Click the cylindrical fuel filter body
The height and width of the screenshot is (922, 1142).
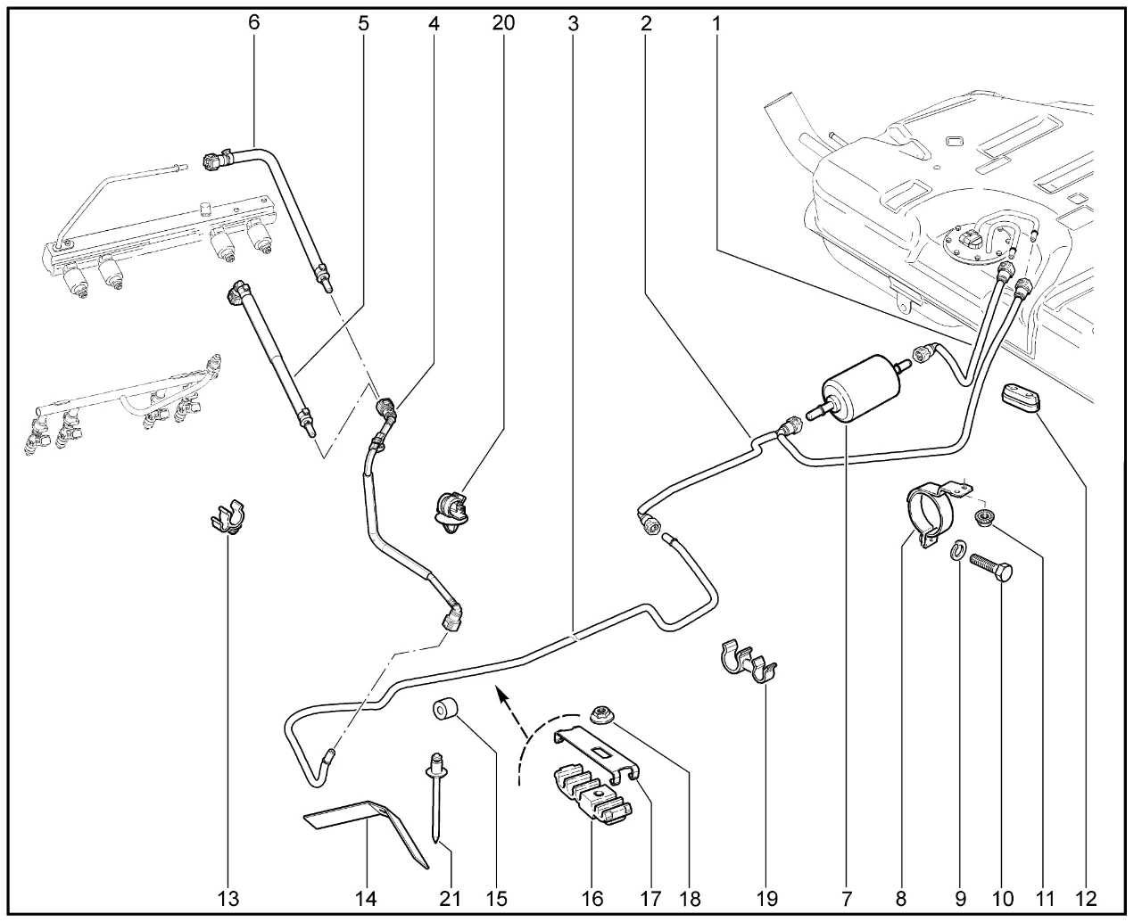coord(856,392)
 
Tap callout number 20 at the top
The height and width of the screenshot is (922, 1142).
coord(503,23)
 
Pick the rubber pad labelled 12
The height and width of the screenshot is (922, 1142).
coord(1021,399)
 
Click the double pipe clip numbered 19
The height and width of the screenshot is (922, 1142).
coord(747,661)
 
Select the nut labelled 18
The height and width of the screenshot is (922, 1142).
coord(601,712)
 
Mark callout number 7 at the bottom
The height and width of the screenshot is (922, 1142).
coord(846,897)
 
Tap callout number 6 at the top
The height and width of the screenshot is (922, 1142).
coord(254,23)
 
